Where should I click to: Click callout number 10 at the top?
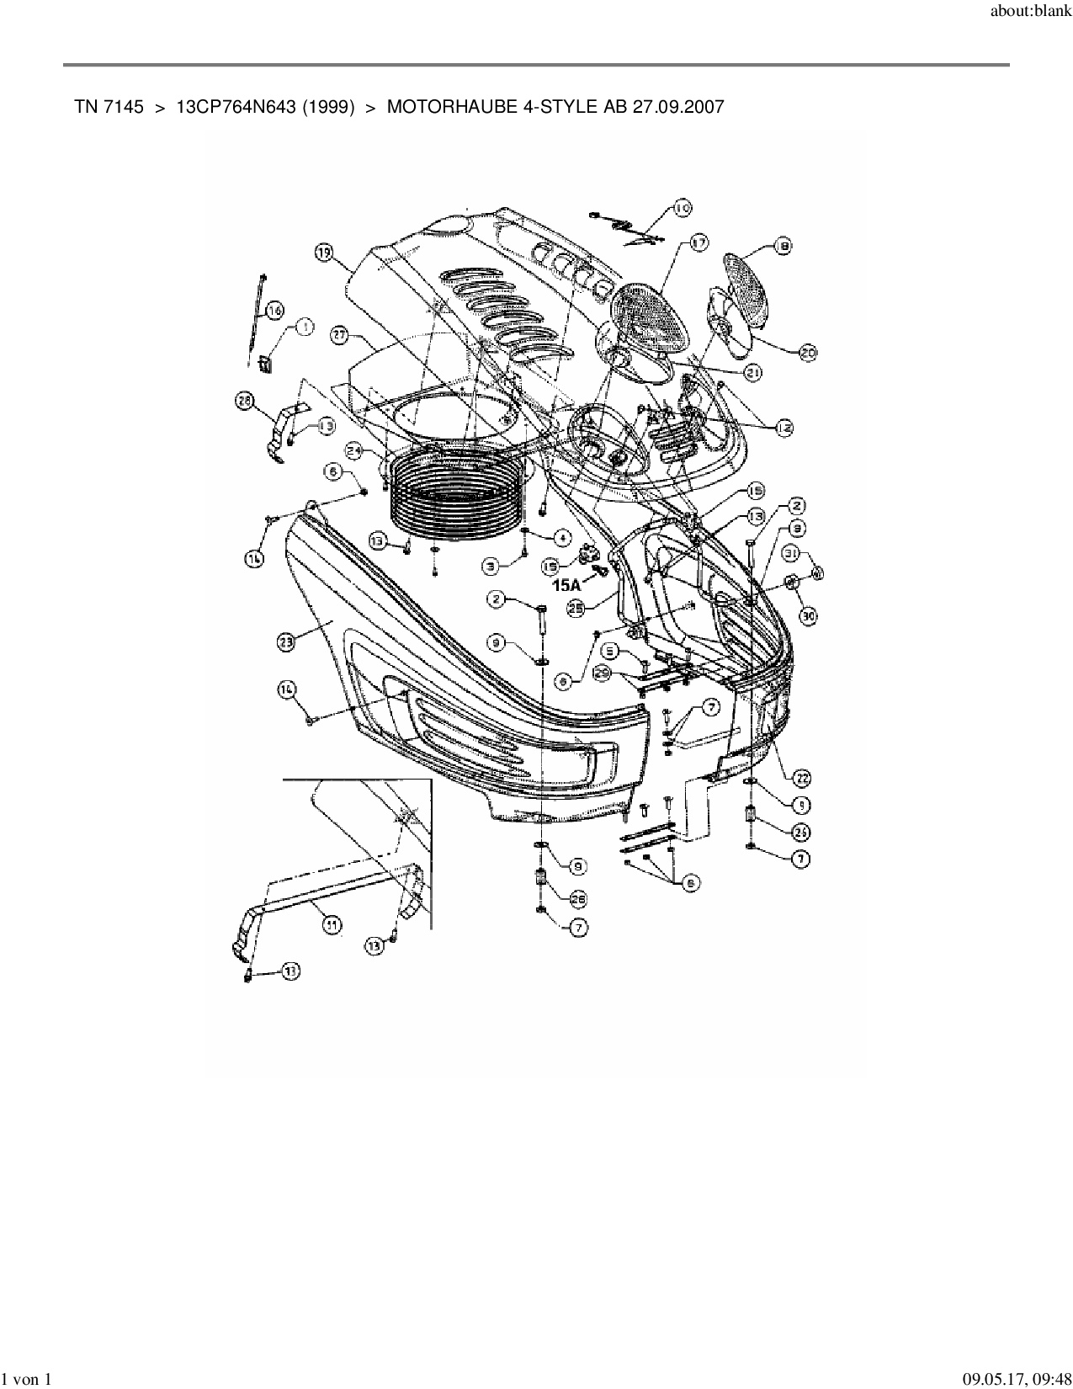[681, 208]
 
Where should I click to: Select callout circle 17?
[699, 242]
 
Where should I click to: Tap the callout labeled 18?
[783, 247]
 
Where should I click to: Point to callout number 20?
[807, 354]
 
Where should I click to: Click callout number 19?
[325, 251]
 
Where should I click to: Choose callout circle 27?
[338, 334]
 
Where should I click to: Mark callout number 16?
[274, 311]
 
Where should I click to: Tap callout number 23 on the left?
[286, 641]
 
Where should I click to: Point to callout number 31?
[791, 552]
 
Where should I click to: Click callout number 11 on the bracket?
[332, 923]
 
